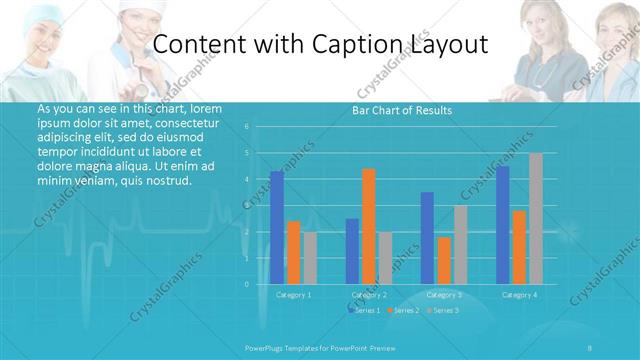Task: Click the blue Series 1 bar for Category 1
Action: click(277, 228)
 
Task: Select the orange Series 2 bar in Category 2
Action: click(368, 226)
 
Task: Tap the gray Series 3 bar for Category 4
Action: click(535, 219)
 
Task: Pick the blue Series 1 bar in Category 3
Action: click(427, 238)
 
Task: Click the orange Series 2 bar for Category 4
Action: click(518, 247)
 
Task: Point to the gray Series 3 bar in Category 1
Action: click(309, 258)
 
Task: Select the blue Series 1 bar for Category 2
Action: click(352, 251)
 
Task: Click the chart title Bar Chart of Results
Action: click(401, 110)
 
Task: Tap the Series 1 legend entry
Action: click(366, 311)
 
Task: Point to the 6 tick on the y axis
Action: click(246, 127)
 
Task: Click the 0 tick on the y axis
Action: click(246, 284)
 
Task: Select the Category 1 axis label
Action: click(293, 295)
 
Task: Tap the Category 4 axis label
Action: click(518, 295)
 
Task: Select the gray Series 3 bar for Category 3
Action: click(460, 245)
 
